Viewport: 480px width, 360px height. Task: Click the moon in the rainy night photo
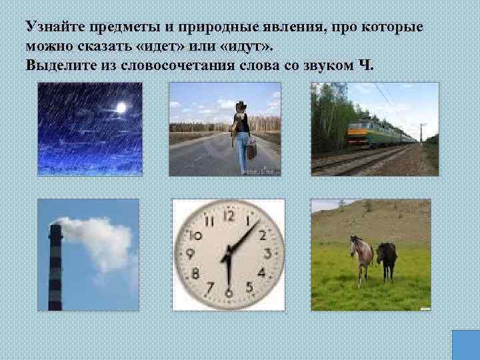click(121, 107)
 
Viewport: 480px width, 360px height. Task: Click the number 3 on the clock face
click(267, 253)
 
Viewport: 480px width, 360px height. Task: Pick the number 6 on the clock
click(229, 292)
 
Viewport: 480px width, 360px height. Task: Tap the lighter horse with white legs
click(362, 257)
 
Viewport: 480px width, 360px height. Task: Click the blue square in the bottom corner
click(465, 345)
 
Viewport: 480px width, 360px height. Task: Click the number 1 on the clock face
click(249, 221)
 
